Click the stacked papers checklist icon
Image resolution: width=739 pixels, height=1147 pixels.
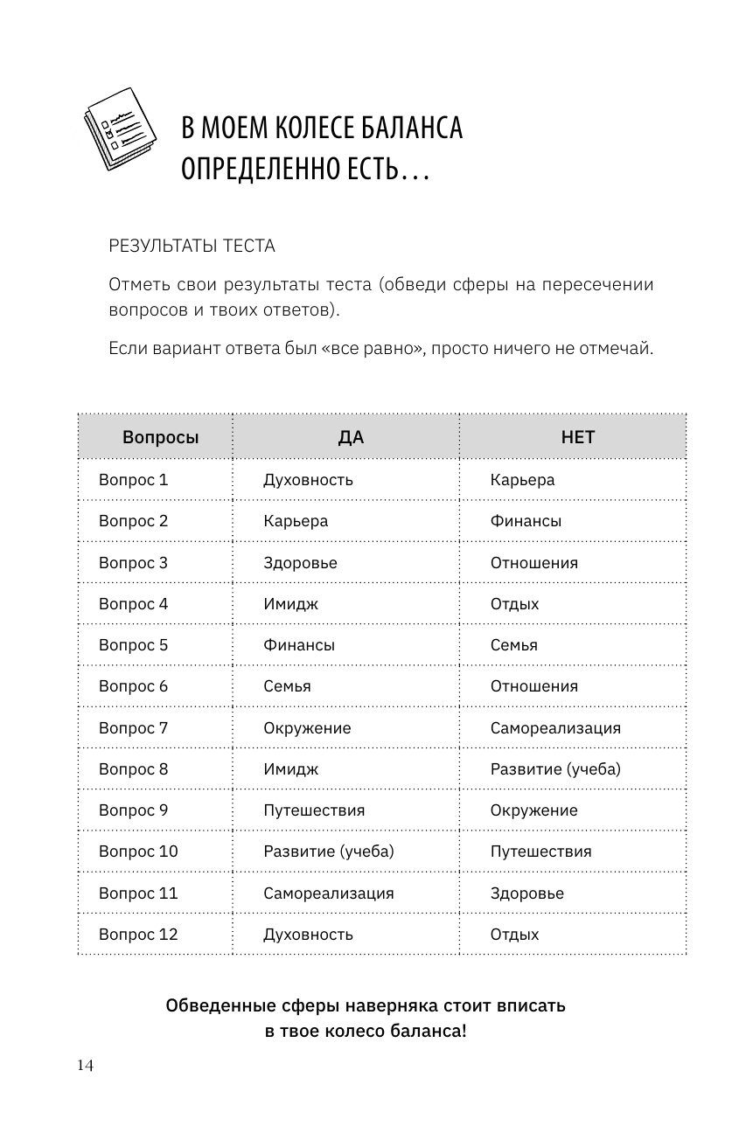coord(120,129)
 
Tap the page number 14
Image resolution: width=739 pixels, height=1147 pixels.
coord(84,1064)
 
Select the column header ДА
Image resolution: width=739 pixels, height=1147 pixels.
coord(351,437)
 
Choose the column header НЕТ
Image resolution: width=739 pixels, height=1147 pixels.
coord(577,437)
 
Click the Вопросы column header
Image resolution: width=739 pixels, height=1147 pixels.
coord(160,437)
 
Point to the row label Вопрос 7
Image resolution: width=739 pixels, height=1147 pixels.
coord(133,728)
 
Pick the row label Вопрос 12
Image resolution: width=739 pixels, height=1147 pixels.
coord(137,935)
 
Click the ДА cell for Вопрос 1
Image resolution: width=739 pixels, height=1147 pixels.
coord(308,480)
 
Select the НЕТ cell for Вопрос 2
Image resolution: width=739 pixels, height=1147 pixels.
coord(526,521)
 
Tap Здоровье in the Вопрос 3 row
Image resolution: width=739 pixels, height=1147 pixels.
coord(300,563)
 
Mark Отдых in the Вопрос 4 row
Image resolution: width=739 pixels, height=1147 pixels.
coord(514,604)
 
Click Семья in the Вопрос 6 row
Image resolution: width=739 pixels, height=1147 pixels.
coord(287,686)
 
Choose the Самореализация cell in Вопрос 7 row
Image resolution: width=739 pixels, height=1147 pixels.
coord(555,728)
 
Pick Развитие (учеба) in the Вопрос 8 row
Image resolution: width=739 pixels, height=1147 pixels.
coord(555,769)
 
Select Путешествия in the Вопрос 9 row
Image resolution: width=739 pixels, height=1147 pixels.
coord(314,810)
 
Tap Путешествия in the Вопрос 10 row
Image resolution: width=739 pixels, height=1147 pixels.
coord(540,852)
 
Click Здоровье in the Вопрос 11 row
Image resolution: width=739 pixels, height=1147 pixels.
coord(526,893)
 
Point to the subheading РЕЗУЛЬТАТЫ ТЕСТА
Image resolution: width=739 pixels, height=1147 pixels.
coord(192,247)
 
